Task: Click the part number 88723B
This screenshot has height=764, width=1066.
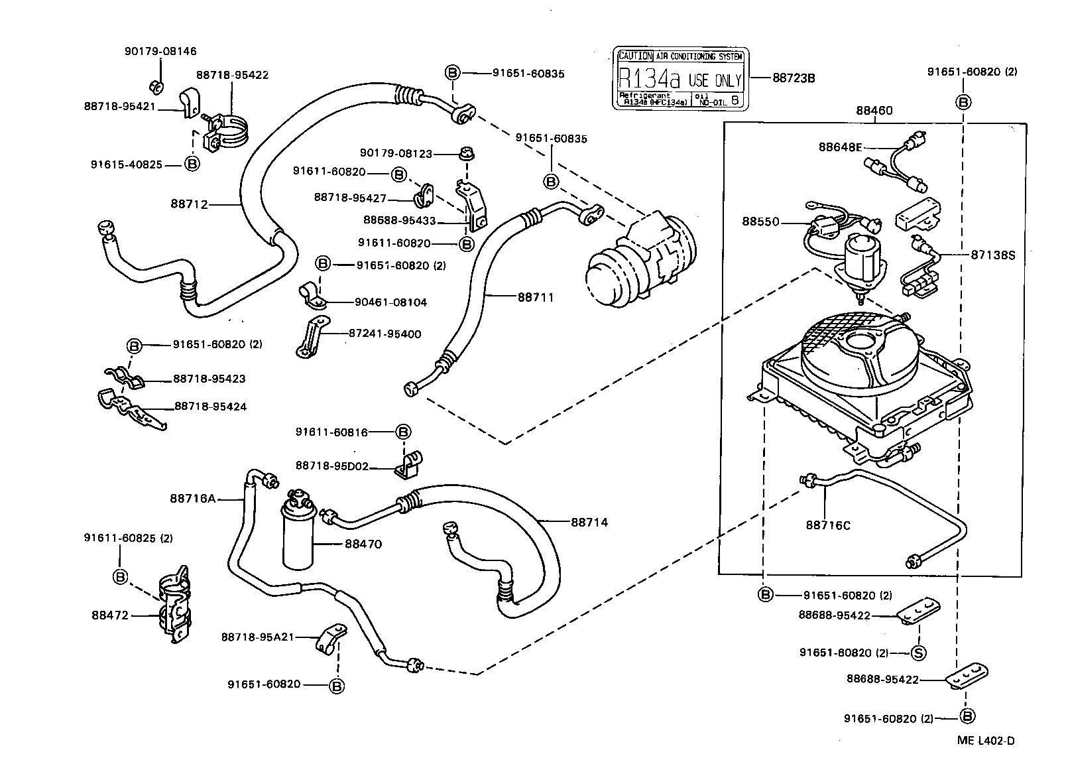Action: pyautogui.click(x=793, y=78)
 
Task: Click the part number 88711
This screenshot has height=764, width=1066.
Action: pyautogui.click(x=535, y=298)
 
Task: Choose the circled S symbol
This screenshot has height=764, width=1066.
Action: pyautogui.click(x=918, y=653)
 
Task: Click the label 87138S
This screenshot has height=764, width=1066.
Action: pyautogui.click(x=992, y=254)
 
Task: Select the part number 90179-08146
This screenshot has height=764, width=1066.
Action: pyautogui.click(x=160, y=51)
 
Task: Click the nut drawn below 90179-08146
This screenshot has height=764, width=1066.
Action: pyautogui.click(x=152, y=86)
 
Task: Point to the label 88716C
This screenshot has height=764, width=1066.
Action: pyautogui.click(x=827, y=525)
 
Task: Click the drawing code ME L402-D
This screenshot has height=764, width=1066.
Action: pyautogui.click(x=986, y=741)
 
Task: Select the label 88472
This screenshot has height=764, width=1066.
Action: pyautogui.click(x=110, y=615)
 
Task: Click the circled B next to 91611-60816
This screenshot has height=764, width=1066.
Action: pyautogui.click(x=403, y=432)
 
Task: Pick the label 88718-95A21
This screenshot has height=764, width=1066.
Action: pyautogui.click(x=257, y=637)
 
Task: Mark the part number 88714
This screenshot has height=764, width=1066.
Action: pyautogui.click(x=589, y=522)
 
